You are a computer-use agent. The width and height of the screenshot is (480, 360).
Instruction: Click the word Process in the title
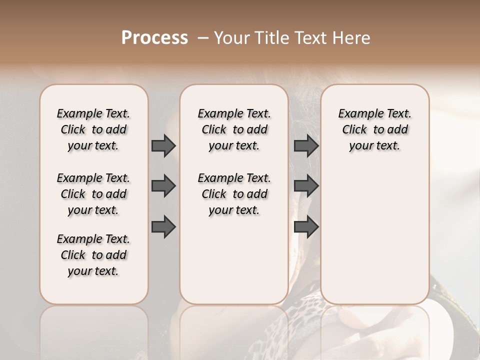click(154, 38)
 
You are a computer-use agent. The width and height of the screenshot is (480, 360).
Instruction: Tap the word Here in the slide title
click(352, 38)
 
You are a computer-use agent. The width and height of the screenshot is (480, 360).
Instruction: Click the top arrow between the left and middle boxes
click(163, 145)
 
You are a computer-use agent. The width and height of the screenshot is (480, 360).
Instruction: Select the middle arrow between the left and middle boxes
click(163, 186)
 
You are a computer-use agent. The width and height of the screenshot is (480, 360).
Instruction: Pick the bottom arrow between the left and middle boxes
click(163, 227)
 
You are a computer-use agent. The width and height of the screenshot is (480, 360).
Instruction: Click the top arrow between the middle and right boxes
click(306, 145)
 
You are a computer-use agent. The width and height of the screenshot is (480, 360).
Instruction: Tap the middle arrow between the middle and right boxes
click(306, 186)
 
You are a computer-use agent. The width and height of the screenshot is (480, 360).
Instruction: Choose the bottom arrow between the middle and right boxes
click(306, 227)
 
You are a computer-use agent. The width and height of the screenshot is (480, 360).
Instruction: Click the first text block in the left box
click(93, 129)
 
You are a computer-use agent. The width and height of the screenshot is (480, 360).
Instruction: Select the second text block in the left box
click(93, 194)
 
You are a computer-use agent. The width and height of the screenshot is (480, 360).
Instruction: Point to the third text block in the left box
click(93, 255)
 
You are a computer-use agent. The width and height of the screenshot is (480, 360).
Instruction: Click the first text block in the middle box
click(234, 129)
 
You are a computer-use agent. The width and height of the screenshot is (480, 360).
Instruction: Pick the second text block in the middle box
click(234, 194)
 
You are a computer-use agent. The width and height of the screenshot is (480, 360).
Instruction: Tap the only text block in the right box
click(374, 129)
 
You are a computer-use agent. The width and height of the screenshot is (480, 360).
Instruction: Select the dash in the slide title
click(202, 38)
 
